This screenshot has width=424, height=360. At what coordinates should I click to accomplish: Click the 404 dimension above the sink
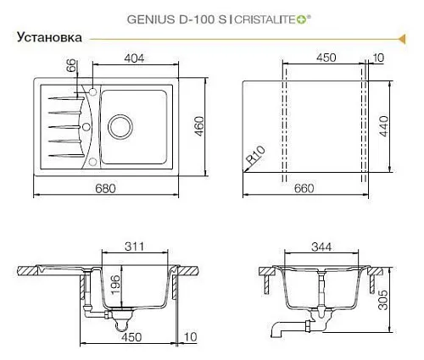point(134,58)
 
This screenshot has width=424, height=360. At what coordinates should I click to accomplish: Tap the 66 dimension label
point(71,65)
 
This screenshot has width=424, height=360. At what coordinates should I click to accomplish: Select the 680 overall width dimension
point(105,188)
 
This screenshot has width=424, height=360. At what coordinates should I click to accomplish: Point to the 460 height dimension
point(199,126)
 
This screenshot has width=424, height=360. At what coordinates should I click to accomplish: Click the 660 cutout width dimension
point(304,188)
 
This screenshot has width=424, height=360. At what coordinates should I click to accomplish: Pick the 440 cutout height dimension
point(384,126)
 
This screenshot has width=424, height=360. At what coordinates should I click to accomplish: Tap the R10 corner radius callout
point(256,155)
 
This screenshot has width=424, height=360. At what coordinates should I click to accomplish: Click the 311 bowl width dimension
point(135,246)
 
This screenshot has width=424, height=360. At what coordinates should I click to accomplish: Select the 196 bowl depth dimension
point(115,285)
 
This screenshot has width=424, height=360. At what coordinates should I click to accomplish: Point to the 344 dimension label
point(321,247)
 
